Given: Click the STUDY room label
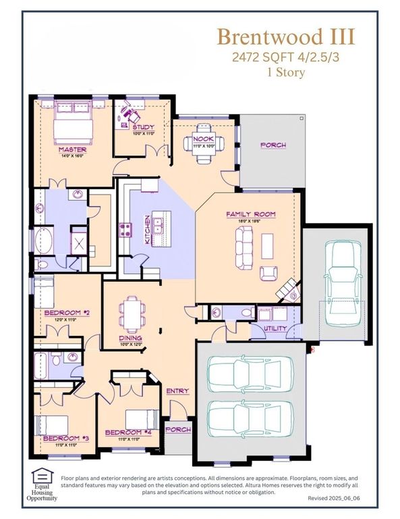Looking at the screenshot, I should (x=143, y=127).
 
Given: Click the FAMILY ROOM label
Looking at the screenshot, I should (x=250, y=214).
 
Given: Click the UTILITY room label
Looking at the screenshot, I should (x=275, y=329).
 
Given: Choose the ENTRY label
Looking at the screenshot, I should (x=178, y=391).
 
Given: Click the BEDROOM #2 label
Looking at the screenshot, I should (x=63, y=312).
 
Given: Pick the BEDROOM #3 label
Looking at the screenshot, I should (x=61, y=438).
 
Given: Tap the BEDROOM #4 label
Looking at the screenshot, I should (x=123, y=432).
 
